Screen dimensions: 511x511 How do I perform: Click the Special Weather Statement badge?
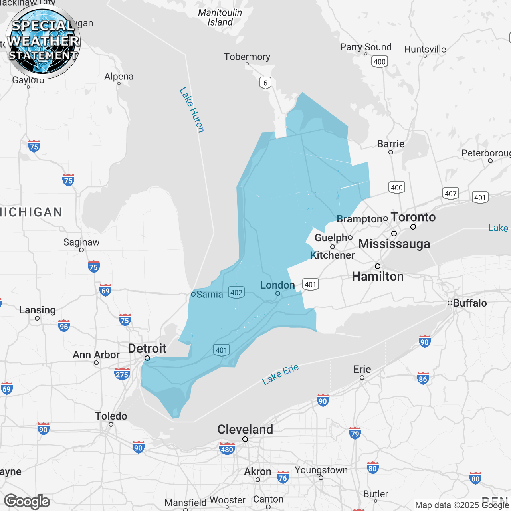point(43,42)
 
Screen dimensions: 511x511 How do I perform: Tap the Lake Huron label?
point(192,110)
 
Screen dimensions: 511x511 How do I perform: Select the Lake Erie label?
point(280,374)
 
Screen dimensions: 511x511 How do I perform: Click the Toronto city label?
point(413,217)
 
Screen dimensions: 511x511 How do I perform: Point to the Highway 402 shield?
point(236,292)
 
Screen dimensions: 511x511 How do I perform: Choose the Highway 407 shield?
point(451,194)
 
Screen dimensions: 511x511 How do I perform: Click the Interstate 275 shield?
point(122,374)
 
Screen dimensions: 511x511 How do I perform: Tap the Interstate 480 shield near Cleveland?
point(227,449)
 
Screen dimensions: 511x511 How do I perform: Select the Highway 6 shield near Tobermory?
point(265,83)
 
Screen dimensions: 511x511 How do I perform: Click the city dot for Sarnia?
point(193,294)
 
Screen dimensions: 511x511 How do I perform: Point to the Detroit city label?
point(147,349)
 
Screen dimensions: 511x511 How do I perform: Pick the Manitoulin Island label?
point(220,18)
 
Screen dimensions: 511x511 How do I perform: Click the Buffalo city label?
point(470,303)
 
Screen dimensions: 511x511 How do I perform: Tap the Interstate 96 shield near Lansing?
point(64,326)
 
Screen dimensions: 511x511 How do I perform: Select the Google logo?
point(27,501)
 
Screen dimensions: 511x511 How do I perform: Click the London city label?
point(277,285)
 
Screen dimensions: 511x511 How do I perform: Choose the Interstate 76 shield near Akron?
point(283,477)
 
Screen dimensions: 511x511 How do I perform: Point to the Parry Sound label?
point(366,47)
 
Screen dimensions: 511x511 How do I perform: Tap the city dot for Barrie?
point(391,152)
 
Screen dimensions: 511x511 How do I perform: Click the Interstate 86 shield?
point(423,378)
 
